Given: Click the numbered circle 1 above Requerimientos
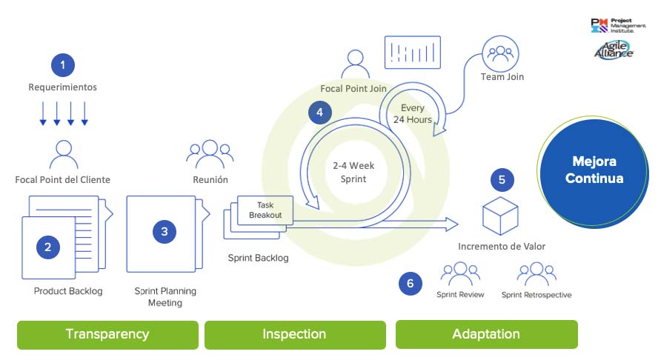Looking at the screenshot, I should pyautogui.click(x=63, y=65).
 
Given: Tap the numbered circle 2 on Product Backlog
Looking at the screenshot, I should pyautogui.click(x=47, y=247).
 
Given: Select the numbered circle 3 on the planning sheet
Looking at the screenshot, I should pyautogui.click(x=165, y=232).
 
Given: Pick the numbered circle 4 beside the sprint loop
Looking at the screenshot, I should pyautogui.click(x=319, y=113).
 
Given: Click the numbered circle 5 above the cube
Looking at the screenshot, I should pyautogui.click(x=502, y=179).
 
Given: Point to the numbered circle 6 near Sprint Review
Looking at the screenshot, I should pyautogui.click(x=411, y=283).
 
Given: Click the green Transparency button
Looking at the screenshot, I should pyautogui.click(x=107, y=334).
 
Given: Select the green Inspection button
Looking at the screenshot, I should pyautogui.click(x=294, y=334).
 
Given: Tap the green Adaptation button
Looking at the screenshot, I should pyautogui.click(x=486, y=334).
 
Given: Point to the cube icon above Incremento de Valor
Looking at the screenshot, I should pyautogui.click(x=500, y=216).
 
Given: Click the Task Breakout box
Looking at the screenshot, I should pyautogui.click(x=265, y=210).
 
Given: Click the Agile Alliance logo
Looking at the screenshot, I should pyautogui.click(x=614, y=50).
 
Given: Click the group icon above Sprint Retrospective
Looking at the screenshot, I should pyautogui.click(x=536, y=274).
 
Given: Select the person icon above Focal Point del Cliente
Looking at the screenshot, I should pyautogui.click(x=63, y=155).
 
